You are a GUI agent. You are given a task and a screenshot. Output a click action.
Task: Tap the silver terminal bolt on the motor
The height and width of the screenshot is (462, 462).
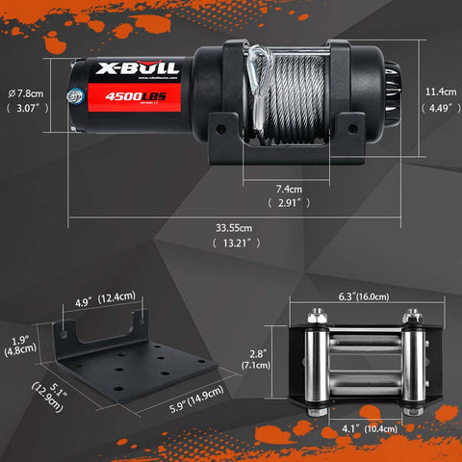click(74, 94)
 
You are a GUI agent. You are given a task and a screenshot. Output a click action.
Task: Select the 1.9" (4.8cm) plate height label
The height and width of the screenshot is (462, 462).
click(18, 346)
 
